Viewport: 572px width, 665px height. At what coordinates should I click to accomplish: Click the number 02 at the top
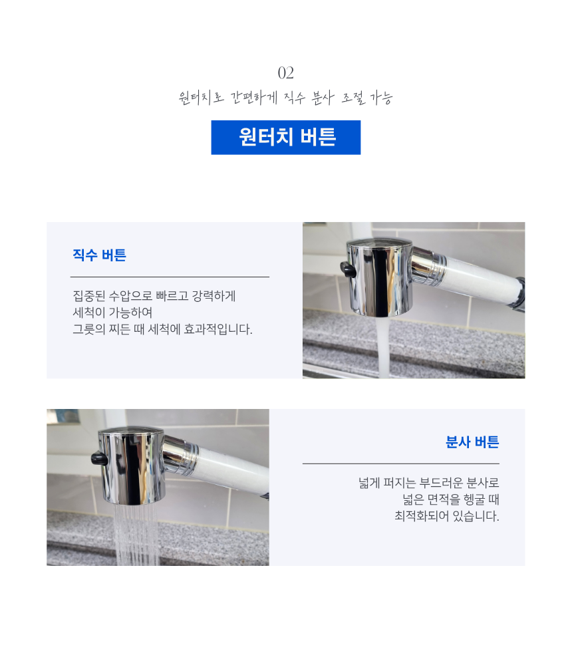(x=285, y=73)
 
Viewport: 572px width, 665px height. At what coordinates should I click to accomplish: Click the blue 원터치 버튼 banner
(x=285, y=138)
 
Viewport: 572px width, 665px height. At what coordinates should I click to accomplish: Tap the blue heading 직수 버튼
(x=99, y=255)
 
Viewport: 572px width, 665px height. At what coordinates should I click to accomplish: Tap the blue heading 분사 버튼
(x=472, y=442)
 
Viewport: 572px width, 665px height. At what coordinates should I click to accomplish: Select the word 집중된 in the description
(x=89, y=296)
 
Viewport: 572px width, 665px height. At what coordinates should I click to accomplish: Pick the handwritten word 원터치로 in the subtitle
(x=201, y=98)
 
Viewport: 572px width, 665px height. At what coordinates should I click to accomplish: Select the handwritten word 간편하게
(x=253, y=98)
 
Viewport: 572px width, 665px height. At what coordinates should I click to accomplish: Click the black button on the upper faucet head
(x=348, y=269)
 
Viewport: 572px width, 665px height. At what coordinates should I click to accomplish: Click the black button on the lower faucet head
(x=99, y=458)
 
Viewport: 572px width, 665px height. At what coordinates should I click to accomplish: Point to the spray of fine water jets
(x=136, y=535)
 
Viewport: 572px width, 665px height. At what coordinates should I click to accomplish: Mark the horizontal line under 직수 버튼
(x=170, y=277)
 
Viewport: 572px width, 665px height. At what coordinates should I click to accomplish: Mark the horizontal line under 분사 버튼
(x=400, y=464)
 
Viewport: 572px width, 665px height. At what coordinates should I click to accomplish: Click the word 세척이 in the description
(x=89, y=313)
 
